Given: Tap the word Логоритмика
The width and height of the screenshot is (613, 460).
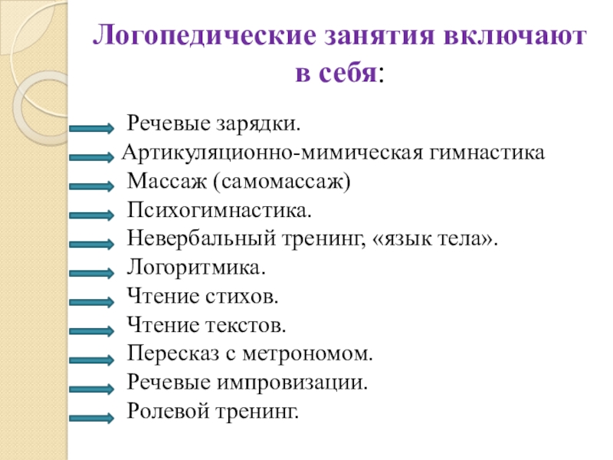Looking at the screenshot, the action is pyautogui.click(x=196, y=269).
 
